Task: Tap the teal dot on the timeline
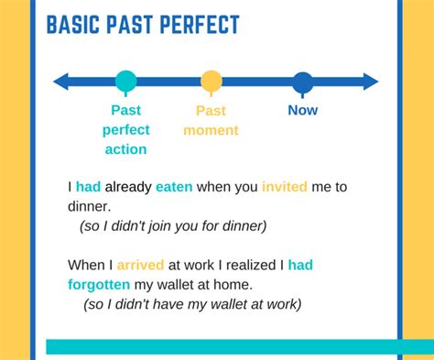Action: coord(125,82)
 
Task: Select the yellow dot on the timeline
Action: coord(212,82)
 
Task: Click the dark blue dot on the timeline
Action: coord(302,82)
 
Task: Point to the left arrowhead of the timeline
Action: coord(61,82)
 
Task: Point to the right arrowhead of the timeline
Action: coord(370,82)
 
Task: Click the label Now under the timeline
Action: coord(302,110)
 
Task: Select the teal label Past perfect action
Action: coord(125,129)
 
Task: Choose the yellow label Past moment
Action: coord(211,120)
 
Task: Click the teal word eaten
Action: coord(174,187)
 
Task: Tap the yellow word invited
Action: coord(285,187)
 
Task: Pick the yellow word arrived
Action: coord(139,265)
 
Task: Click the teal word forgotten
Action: coord(98,284)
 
